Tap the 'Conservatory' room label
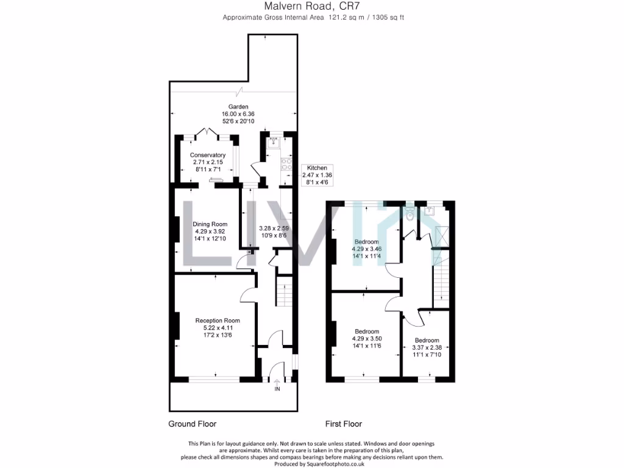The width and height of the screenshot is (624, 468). point(208,155)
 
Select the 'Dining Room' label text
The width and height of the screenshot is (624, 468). point(210,224)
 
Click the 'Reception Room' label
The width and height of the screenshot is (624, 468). point(218,321)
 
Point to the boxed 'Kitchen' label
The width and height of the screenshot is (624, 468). point(317,168)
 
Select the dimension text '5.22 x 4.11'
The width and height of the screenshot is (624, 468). point(218,328)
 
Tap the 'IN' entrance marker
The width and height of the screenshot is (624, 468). point(277,389)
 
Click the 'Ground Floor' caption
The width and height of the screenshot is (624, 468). point(192,424)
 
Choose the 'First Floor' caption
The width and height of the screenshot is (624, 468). point(344,424)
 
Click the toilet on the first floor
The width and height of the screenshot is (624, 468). point(409,214)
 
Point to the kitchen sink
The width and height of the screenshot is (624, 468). point(273,141)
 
